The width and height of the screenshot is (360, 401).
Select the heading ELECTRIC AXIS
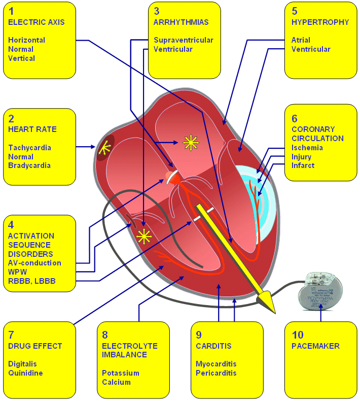point(36,22)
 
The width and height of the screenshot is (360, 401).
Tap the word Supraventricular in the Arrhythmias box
point(183,40)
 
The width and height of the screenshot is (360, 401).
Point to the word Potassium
point(120,373)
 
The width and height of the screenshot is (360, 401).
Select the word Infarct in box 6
point(303,165)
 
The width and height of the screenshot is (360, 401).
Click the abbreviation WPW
point(18,272)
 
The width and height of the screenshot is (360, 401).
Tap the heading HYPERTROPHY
point(320,22)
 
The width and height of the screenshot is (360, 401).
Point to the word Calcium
point(116,382)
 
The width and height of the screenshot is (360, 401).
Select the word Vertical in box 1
point(22,58)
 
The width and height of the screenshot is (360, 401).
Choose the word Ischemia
point(307,148)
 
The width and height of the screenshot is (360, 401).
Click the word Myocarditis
point(216,364)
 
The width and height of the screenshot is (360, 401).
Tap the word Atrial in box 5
point(301,40)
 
